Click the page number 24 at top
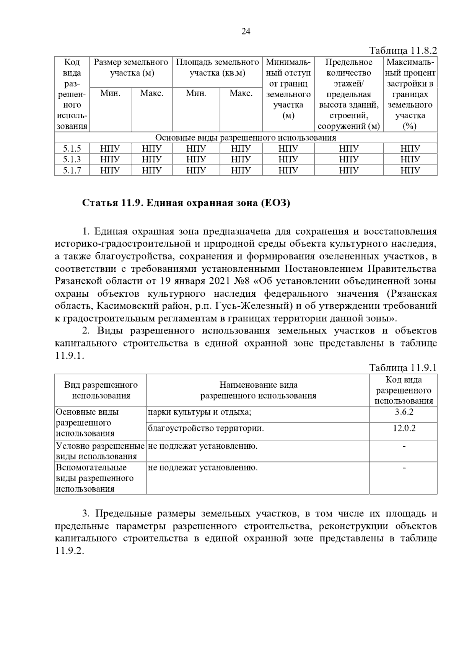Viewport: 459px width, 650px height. [x=246, y=32]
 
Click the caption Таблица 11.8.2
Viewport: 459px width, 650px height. [x=403, y=51]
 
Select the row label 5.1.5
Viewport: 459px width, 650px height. [x=72, y=149]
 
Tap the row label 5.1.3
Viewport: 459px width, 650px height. [x=72, y=159]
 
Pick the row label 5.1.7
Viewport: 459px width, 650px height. [x=72, y=170]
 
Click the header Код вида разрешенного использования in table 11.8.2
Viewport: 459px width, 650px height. [x=72, y=94]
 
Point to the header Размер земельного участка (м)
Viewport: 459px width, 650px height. [x=131, y=67]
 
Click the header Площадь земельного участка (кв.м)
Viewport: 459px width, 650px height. [x=217, y=67]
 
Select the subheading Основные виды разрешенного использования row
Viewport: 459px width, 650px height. [x=246, y=138]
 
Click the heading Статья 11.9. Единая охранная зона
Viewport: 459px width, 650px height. [x=186, y=203]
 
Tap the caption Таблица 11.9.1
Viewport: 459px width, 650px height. [x=403, y=368]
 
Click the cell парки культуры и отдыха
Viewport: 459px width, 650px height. [x=199, y=412]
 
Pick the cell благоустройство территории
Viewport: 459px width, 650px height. [x=206, y=428]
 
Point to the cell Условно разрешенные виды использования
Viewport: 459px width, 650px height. [x=100, y=451]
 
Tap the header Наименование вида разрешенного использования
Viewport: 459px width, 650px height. [x=258, y=390]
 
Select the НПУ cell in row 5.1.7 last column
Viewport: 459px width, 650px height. [x=410, y=170]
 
